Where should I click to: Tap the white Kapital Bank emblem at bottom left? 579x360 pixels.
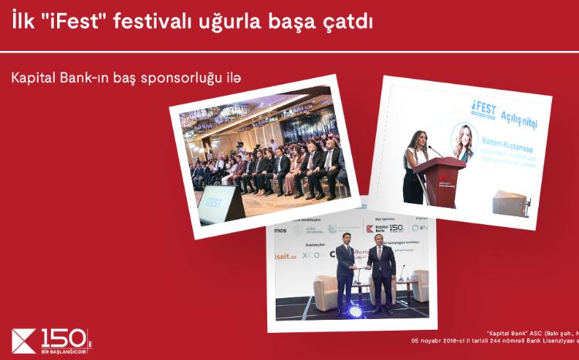[24, 341]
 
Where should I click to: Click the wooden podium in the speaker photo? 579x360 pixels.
[444, 182]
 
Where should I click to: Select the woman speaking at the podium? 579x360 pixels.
[415, 165]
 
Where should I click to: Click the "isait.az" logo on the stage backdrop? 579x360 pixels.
[288, 256]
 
